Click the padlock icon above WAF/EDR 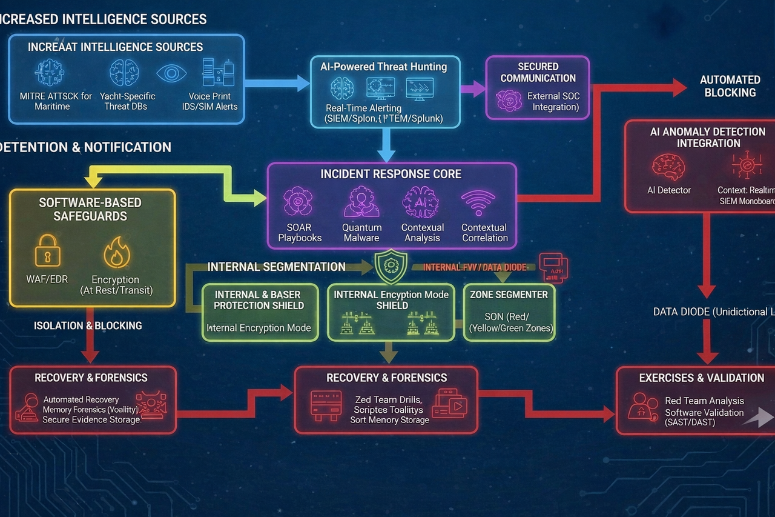pos(47,250)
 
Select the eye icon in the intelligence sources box pos(171,73)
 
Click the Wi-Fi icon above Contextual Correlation pos(478,201)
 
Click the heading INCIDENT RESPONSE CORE pos(391,174)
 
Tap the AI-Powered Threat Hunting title pos(384,67)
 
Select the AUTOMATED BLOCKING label pos(730,86)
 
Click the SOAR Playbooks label pos(300,233)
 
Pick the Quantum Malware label pos(361,233)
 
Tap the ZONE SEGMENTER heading pos(509,295)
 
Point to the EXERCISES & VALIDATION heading pos(701,378)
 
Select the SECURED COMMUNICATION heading pos(538,72)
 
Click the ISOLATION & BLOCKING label pos(88,325)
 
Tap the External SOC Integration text pos(552,101)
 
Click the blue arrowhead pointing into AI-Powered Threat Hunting pos(303,83)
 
